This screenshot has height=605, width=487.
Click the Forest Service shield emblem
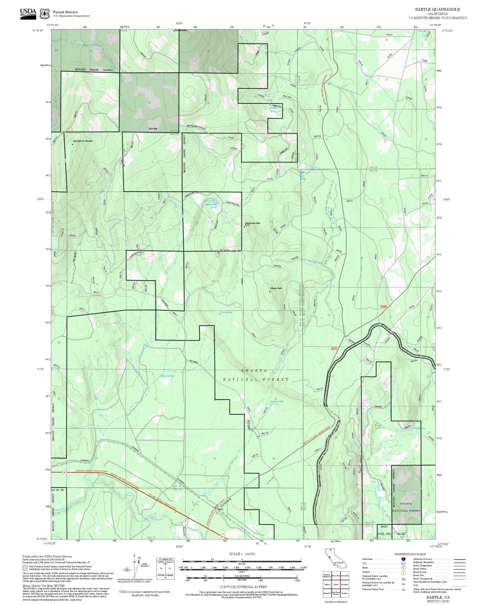click(x=44, y=14)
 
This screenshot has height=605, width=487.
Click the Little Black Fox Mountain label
click(x=83, y=141)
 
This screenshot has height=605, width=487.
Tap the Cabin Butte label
click(x=153, y=129)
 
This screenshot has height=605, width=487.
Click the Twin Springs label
click(x=226, y=312)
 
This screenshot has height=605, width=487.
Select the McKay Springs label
click(x=167, y=376)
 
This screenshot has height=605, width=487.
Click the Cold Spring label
click(x=419, y=428)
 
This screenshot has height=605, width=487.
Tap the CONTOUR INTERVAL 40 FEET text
click(x=243, y=587)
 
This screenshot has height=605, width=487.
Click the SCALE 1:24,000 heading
click(x=242, y=554)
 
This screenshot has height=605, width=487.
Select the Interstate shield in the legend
click(x=403, y=559)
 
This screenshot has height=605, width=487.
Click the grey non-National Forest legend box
click(x=25, y=568)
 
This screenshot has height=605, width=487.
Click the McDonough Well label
click(x=277, y=402)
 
